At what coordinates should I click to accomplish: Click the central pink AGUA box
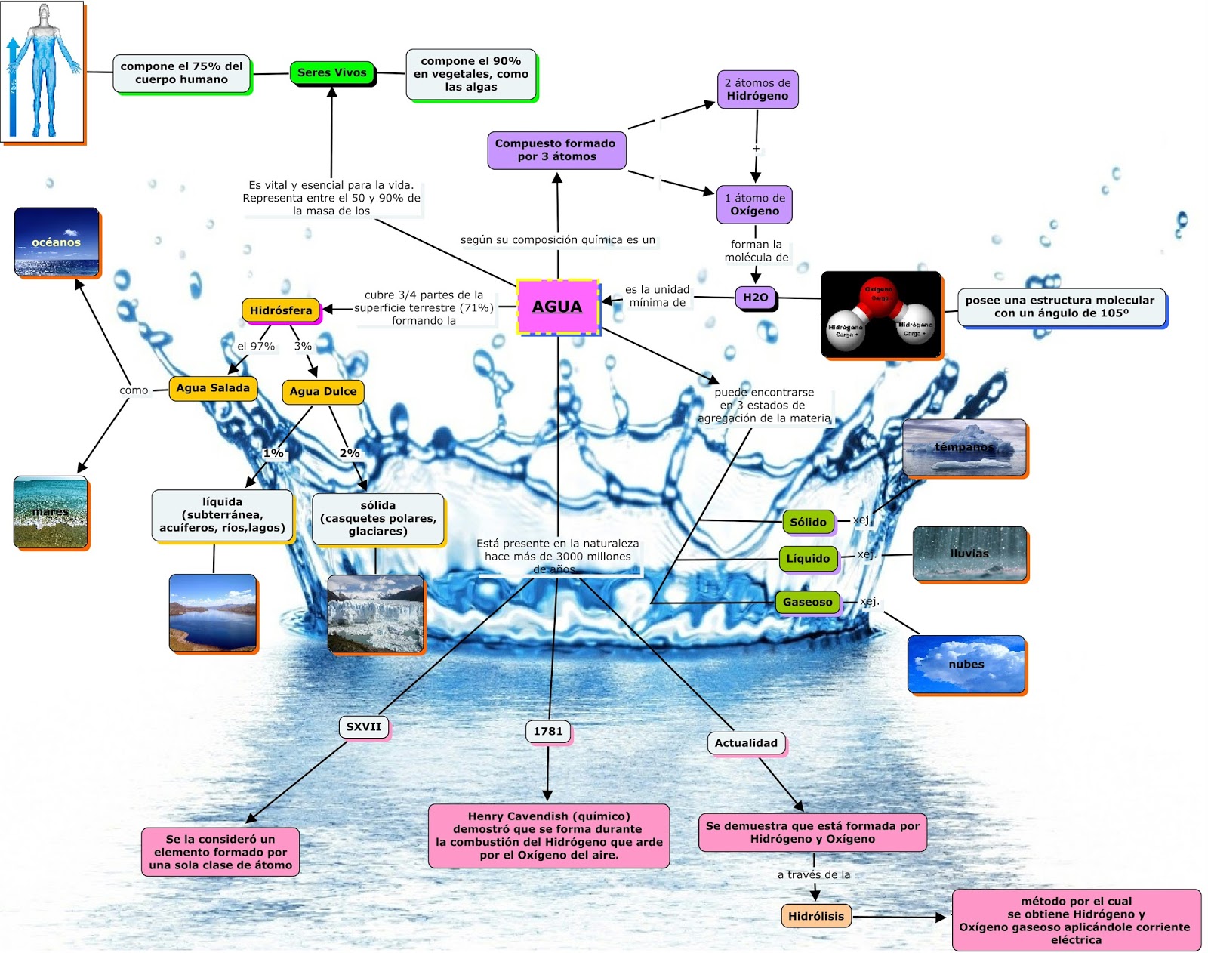pos(557,307)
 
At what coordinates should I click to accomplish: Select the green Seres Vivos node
pos(332,73)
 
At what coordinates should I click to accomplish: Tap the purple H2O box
pos(755,298)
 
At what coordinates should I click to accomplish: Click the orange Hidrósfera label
pos(281,310)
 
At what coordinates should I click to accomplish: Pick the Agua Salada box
pos(213,388)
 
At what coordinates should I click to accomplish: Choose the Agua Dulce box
pos(323,391)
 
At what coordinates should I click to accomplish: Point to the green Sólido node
pos(808,522)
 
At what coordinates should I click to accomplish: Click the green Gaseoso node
pos(807,602)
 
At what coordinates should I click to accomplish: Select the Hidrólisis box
pos(816,916)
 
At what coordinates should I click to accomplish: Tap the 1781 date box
pos(548,731)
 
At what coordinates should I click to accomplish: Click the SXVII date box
pos(364,726)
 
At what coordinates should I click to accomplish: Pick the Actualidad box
pos(746,743)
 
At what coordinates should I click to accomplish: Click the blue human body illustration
pos(43,72)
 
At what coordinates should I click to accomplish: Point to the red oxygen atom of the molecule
pos(879,293)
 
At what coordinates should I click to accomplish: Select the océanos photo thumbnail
pos(57,242)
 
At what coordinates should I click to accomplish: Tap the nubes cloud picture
pos(966,664)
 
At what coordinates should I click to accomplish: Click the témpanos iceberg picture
pos(964,448)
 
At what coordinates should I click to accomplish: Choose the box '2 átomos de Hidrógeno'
pos(757,90)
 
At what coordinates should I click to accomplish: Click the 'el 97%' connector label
pos(256,346)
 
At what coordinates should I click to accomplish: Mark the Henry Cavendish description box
pos(549,835)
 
